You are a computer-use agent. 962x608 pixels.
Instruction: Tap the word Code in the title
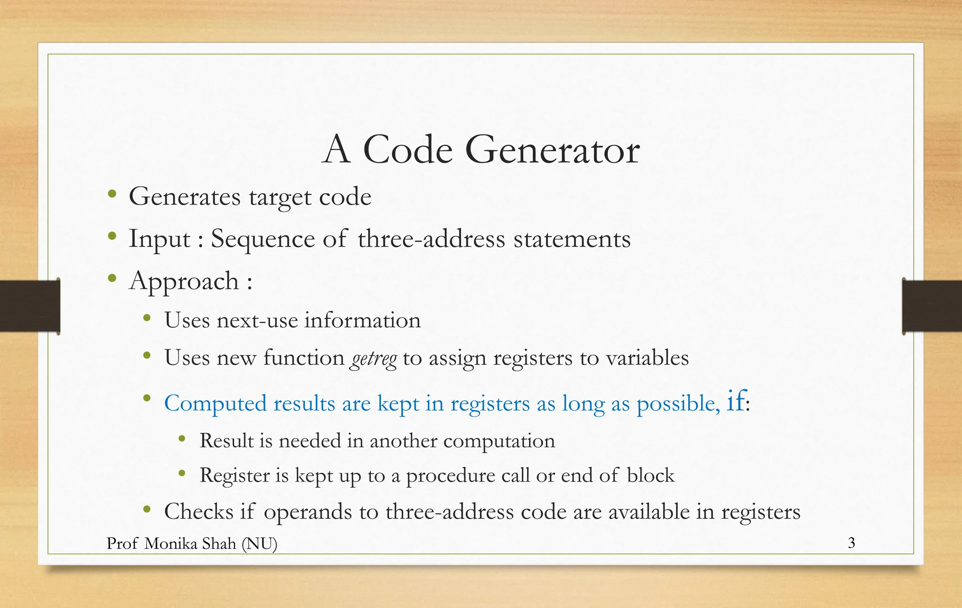[x=407, y=150]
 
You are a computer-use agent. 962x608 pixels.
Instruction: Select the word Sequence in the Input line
[x=263, y=239]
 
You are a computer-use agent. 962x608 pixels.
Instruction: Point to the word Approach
[x=184, y=282]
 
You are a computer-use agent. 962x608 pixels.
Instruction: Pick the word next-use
[x=257, y=320]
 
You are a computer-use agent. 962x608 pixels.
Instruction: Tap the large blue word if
[x=736, y=401]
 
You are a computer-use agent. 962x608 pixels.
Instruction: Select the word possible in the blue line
[x=678, y=404]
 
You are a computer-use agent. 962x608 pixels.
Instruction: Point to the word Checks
[x=199, y=511]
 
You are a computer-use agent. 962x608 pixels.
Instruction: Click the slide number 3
[x=851, y=543]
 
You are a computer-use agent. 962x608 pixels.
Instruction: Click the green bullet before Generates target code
[x=112, y=194]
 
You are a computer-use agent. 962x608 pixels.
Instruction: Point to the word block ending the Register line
[x=651, y=476]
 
